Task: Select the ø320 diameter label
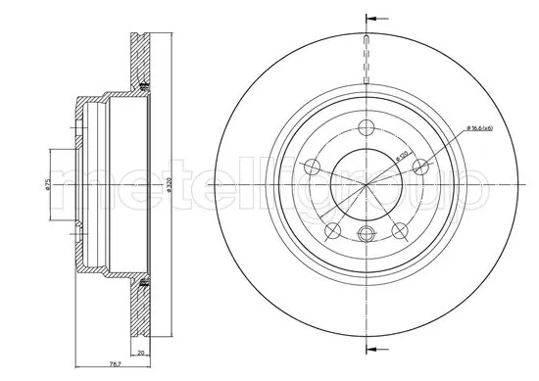[170, 183]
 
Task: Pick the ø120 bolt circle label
[401, 156]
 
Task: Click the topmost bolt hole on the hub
[367, 125]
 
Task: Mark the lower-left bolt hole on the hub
[332, 231]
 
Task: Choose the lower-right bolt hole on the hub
[400, 231]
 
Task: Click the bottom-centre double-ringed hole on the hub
[367, 233]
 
